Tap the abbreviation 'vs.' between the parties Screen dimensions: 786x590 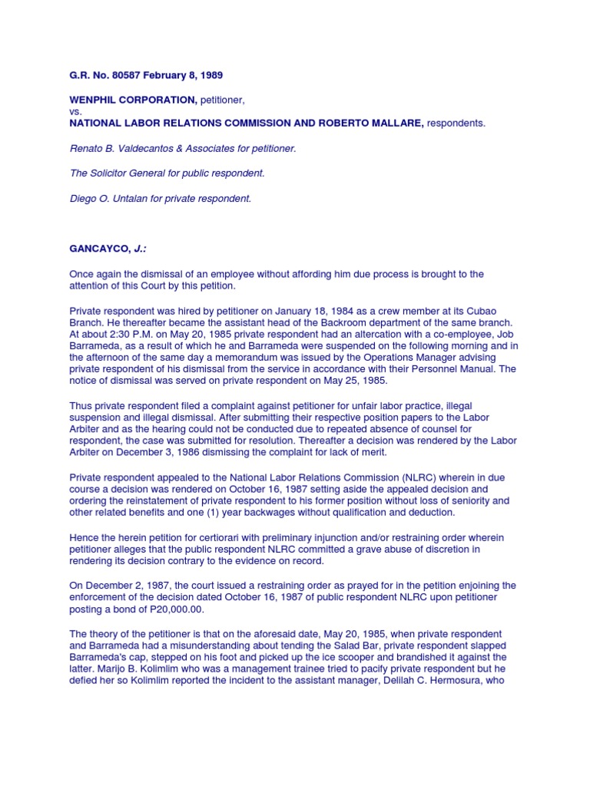[76, 111]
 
